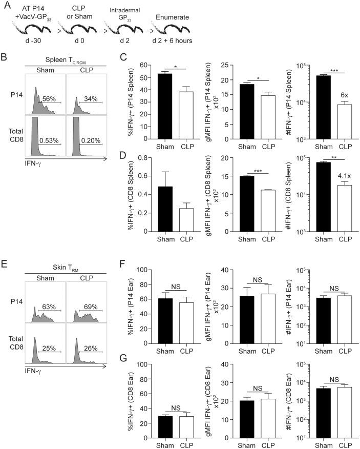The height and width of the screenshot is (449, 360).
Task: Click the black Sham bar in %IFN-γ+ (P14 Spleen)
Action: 164,106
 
